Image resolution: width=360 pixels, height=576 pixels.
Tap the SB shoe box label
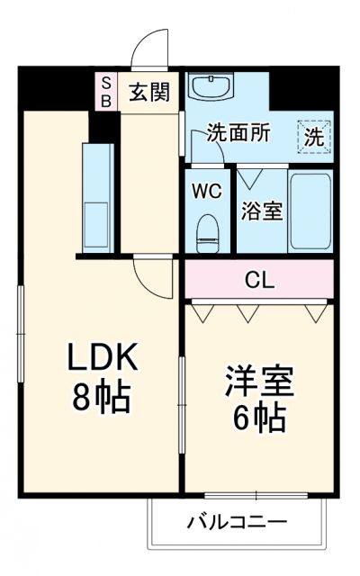pos(104,91)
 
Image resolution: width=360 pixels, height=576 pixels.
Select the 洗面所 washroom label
pos(238,133)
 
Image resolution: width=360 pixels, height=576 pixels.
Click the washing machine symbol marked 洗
pos(314,136)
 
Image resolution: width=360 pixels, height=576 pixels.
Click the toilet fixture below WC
pos(208,232)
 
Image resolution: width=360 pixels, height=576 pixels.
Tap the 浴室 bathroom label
pos(263,212)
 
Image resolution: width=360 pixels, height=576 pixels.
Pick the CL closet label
pos(258,279)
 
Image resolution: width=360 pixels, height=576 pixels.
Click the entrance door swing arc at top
pos(152,45)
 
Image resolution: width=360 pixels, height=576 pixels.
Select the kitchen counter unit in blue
pos(95,196)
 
